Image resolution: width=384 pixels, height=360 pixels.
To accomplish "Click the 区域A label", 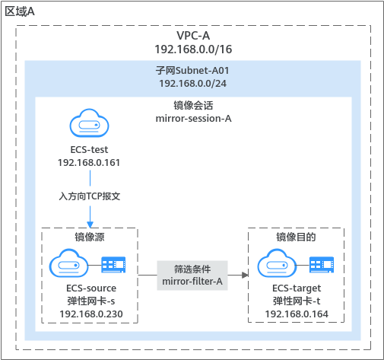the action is (x=20, y=11).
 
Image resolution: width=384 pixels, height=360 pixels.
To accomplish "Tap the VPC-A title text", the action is (x=193, y=36).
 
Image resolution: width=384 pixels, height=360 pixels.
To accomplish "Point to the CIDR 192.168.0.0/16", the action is (x=193, y=49).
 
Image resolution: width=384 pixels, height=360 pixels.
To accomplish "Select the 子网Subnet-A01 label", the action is (x=192, y=70).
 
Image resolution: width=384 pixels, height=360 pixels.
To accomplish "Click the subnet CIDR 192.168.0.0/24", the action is (x=192, y=84).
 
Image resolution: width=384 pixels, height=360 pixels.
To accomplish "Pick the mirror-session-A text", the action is (x=193, y=119).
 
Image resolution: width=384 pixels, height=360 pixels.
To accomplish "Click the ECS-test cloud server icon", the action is (x=89, y=123).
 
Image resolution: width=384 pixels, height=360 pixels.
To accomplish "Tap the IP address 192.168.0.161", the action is (x=89, y=163).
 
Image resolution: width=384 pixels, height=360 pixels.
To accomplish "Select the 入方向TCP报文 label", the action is (x=90, y=196).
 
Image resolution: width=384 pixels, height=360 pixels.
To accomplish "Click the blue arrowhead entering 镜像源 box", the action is (x=90, y=225).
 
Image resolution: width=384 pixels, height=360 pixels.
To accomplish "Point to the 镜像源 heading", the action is (x=90, y=237).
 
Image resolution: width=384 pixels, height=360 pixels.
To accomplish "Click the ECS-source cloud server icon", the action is (x=68, y=263).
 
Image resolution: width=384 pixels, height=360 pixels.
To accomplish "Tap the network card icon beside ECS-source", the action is (x=113, y=265).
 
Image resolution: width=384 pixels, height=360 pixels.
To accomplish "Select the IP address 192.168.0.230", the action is (x=91, y=314).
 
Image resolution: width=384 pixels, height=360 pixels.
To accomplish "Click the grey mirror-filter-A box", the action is (x=192, y=276).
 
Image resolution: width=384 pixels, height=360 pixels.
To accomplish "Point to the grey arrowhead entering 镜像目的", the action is (x=245, y=275).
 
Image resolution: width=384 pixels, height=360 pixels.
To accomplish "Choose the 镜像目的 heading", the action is (x=296, y=237).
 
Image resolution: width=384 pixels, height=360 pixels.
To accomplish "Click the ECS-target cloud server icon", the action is (x=277, y=263).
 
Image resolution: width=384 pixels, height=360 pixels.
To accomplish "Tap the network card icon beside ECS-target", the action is (x=322, y=265).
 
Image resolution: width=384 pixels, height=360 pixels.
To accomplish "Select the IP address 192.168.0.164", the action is (x=297, y=314).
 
